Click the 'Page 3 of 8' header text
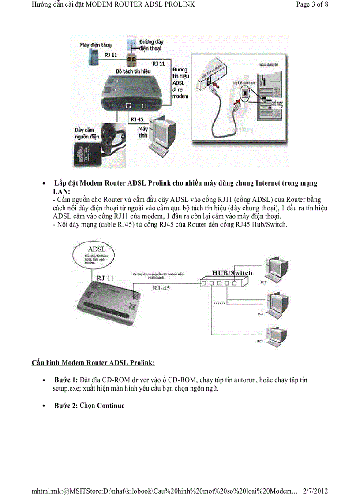pyautogui.click(x=312, y=5)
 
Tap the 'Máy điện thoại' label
pyautogui.click(x=96, y=45)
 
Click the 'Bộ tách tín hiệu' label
pyautogui.click(x=133, y=71)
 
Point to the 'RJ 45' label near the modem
pyautogui.click(x=137, y=119)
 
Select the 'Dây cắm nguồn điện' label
pyautogui.click(x=86, y=133)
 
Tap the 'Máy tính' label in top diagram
pyautogui.click(x=143, y=132)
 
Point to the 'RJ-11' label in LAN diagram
pyautogui.click(x=105, y=278)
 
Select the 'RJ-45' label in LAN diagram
pyautogui.click(x=161, y=288)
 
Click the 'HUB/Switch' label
pyautogui.click(x=232, y=273)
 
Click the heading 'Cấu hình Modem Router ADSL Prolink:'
pyautogui.click(x=93, y=363)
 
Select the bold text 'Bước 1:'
pyautogui.click(x=66, y=380)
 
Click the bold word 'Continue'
pyautogui.click(x=111, y=406)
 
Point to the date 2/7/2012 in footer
pyautogui.click(x=315, y=491)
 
